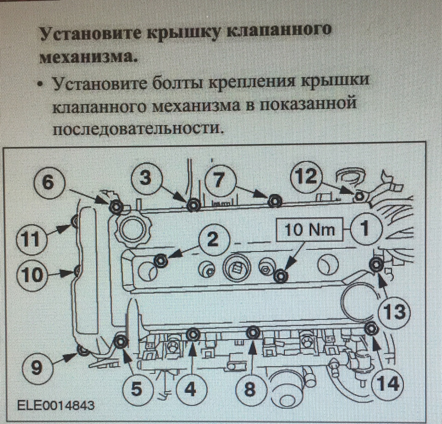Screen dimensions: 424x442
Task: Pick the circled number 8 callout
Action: coord(249,390)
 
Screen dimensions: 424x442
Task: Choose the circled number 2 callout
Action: coord(212,239)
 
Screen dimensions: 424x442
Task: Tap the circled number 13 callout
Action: coord(392,312)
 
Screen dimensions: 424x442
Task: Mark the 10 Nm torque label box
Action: coord(309,229)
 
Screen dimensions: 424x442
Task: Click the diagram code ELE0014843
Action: coord(56,406)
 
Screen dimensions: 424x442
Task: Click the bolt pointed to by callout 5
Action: coord(121,342)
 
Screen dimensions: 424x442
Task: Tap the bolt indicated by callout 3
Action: coord(193,205)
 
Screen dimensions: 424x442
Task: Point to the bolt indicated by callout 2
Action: coord(160,261)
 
